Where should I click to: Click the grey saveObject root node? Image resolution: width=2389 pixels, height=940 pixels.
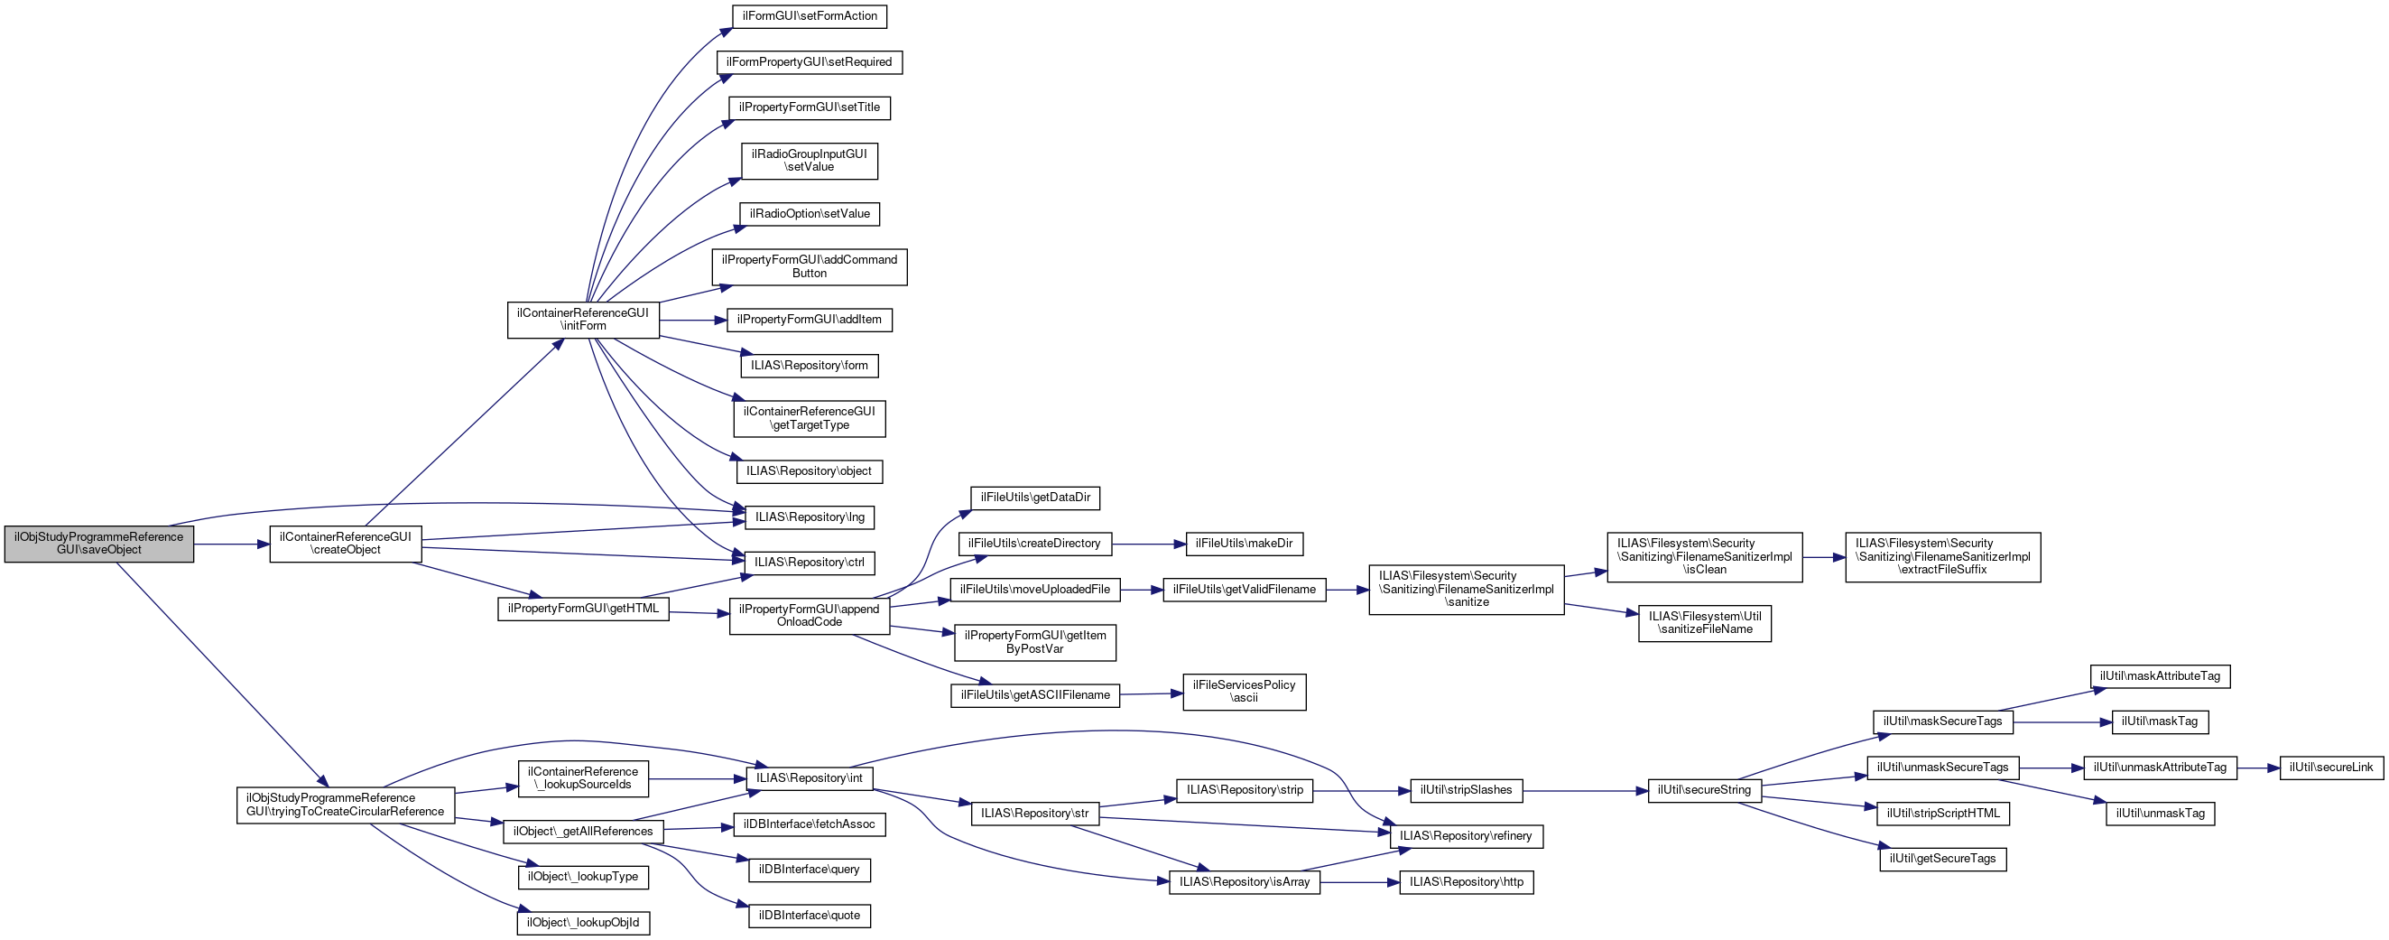[98, 543]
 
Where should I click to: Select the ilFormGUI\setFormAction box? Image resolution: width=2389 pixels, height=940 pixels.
[809, 15]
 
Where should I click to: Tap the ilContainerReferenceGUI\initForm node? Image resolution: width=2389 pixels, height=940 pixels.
[582, 320]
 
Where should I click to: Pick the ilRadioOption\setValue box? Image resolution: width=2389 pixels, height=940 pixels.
[809, 213]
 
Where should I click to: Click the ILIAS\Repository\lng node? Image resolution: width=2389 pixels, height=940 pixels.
[809, 517]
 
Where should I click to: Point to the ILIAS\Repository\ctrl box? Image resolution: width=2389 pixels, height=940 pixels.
[809, 563]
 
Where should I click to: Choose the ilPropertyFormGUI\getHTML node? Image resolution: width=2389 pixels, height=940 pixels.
[582, 609]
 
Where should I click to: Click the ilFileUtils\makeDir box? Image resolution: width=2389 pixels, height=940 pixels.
[1244, 544]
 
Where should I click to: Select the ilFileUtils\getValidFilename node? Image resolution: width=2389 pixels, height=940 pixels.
[1244, 590]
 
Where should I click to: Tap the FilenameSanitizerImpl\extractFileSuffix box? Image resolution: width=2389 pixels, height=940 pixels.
[1942, 557]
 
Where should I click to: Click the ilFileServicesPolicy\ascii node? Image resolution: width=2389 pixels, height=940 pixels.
[1244, 692]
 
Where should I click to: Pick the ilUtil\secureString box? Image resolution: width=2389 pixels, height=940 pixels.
[1704, 790]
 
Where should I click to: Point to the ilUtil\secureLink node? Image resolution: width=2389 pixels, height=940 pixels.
[2329, 768]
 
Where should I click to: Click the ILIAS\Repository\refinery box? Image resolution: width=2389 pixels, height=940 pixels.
[1467, 836]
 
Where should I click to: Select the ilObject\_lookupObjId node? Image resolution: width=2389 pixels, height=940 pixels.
[582, 922]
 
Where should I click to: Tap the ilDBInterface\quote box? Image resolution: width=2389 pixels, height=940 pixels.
[809, 916]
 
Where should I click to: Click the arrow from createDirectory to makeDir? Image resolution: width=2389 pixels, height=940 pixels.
[1148, 544]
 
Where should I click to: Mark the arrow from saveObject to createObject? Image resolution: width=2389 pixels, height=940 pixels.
[231, 544]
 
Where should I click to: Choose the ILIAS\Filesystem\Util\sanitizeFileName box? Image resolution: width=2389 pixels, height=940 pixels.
[1704, 623]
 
